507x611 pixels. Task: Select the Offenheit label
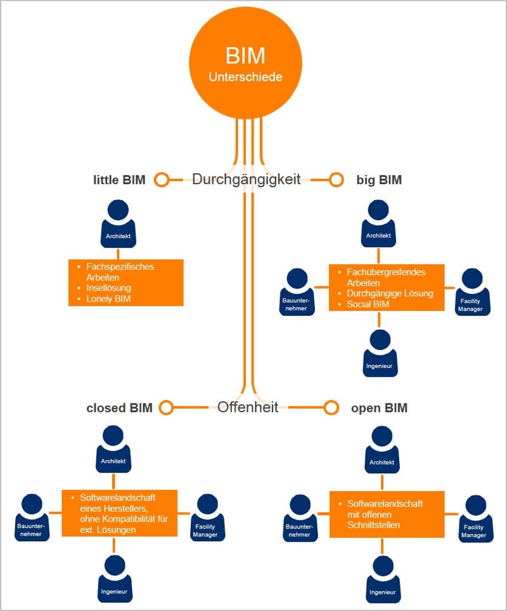(248, 407)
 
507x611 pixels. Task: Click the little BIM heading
(119, 180)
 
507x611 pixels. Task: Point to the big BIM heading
(379, 180)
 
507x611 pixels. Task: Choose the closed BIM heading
(119, 407)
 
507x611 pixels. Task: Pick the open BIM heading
(379, 408)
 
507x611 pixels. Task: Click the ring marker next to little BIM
(162, 180)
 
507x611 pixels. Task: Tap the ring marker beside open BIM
(331, 407)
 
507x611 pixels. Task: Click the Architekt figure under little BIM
(119, 224)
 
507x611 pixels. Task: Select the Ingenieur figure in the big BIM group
(379, 353)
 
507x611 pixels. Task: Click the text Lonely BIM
(108, 298)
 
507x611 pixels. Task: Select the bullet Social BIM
(368, 304)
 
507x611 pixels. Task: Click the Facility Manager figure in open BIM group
(474, 518)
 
